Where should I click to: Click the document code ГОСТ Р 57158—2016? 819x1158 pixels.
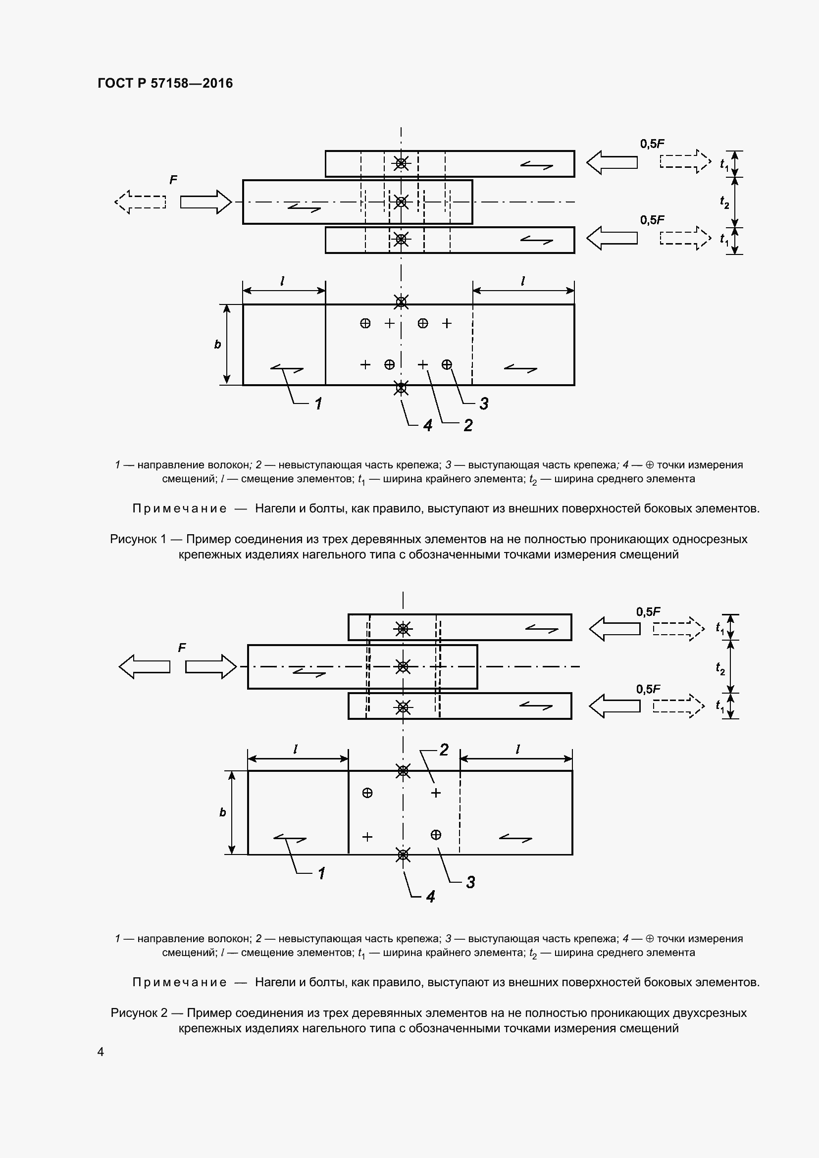tap(165, 83)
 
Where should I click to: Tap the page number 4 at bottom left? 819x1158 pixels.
tap(101, 1052)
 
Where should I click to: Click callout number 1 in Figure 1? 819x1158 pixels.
tap(318, 403)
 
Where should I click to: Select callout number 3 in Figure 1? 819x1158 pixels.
tap(484, 403)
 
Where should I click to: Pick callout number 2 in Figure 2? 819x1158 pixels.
tap(444, 750)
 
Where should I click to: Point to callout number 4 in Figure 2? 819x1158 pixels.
tap(430, 896)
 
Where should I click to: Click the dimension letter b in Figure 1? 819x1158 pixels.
tap(217, 345)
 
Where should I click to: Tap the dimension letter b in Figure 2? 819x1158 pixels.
tap(222, 812)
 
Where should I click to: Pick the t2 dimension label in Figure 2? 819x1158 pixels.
tap(720, 668)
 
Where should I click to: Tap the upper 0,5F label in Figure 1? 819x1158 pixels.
tap(652, 144)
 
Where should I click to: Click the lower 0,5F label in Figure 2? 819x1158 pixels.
tap(648, 689)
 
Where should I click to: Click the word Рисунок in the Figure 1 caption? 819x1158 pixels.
tap(133, 539)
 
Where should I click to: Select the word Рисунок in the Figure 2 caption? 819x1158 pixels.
tap(134, 1013)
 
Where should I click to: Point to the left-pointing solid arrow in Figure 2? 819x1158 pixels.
tap(144, 667)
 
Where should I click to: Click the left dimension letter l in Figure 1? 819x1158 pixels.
tap(282, 280)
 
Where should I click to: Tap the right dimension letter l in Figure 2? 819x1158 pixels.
tap(517, 749)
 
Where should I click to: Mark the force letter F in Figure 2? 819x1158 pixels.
tap(182, 648)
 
